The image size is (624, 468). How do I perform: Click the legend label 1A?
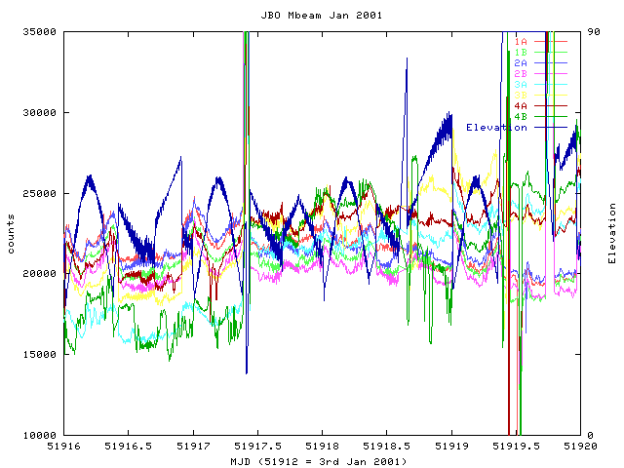[521, 42]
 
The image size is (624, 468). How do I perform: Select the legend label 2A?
[521, 63]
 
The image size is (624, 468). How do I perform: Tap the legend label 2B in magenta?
[521, 74]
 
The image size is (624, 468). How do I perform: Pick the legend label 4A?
[521, 106]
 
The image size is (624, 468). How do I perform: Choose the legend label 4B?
[521, 117]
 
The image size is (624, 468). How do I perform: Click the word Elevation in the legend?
[496, 128]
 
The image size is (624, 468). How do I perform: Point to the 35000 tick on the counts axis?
[40, 32]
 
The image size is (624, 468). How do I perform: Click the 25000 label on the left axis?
[40, 193]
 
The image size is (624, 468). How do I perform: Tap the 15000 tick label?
[40, 354]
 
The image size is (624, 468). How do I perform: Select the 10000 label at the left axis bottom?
[40, 435]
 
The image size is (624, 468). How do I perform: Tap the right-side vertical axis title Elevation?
[612, 233]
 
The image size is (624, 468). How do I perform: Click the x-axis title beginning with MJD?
[319, 460]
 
